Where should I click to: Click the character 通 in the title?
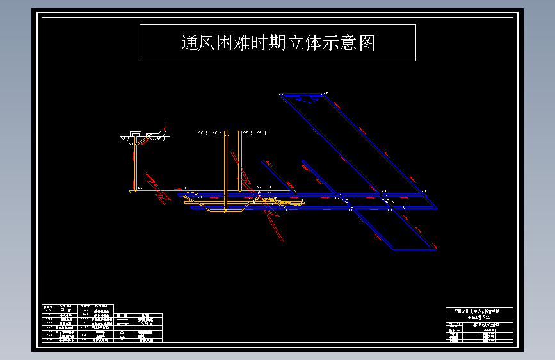point(190,43)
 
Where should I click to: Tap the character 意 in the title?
point(357,43)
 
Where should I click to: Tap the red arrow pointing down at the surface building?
point(165,127)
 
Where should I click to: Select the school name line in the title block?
point(479,311)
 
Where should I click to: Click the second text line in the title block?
point(479,316)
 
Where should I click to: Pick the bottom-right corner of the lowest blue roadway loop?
point(435,249)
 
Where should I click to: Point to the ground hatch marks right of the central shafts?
point(254,133)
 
